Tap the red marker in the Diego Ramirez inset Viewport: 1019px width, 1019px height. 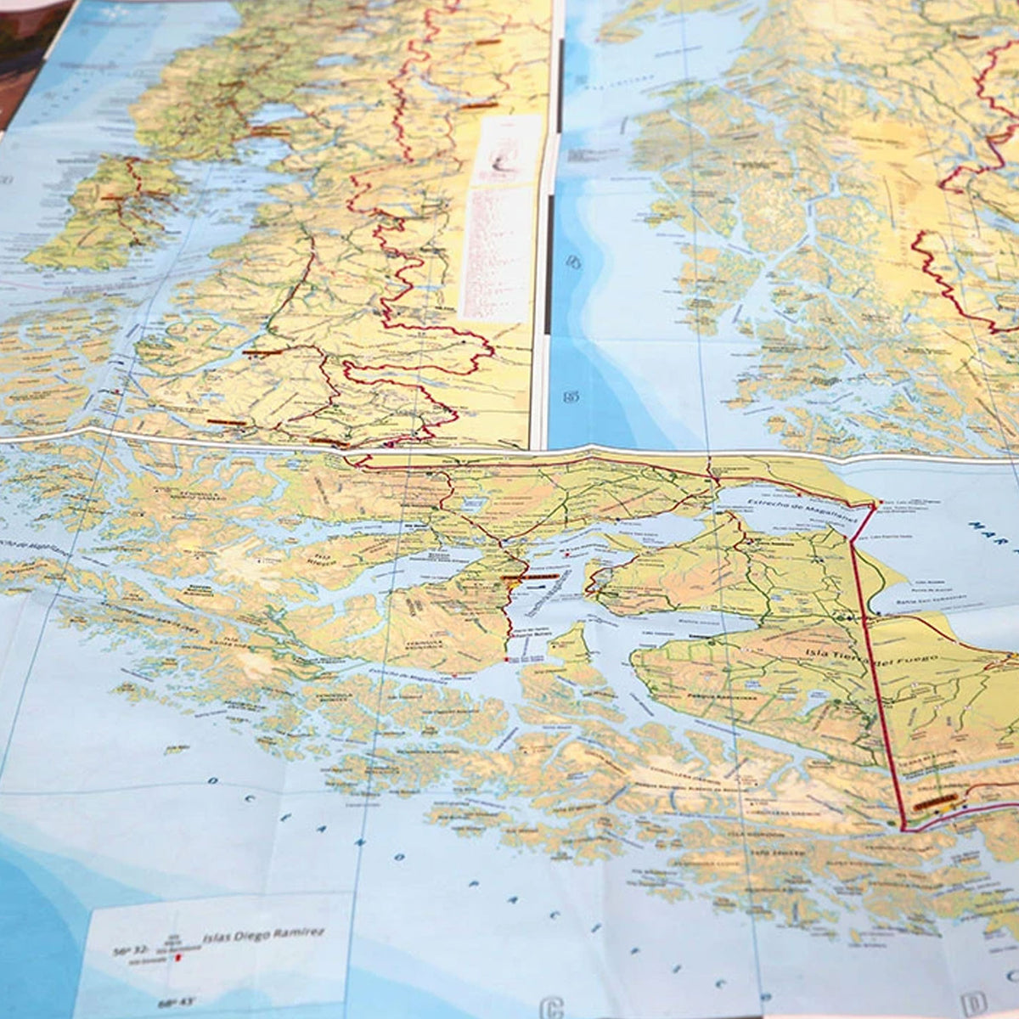click(178, 958)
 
